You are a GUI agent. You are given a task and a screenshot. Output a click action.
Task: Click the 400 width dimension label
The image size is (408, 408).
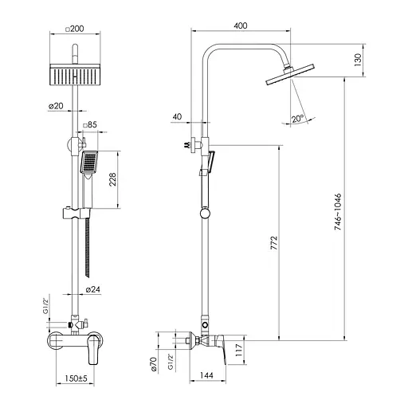pyautogui.click(x=241, y=25)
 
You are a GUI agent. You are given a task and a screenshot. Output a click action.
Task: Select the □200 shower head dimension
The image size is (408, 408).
pyautogui.click(x=75, y=29)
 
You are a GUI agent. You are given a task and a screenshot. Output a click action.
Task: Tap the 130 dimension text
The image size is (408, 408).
pyautogui.click(x=358, y=60)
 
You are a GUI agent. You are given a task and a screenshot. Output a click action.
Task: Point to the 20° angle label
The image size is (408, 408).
pyautogui.click(x=297, y=119)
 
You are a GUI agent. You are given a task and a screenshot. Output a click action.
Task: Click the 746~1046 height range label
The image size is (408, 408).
pyautogui.click(x=337, y=211)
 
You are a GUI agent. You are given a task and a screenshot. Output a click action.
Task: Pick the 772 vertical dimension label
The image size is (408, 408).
pyautogui.click(x=273, y=242)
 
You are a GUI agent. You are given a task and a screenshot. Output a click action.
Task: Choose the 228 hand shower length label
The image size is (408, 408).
pyautogui.click(x=112, y=179)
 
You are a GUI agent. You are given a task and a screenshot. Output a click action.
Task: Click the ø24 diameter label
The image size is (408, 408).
pyautogui.click(x=93, y=289)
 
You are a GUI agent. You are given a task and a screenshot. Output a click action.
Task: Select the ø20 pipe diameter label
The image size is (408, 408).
pyautogui.click(x=56, y=106)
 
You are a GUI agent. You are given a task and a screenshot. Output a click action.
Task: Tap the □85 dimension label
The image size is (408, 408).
pyautogui.click(x=90, y=124)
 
